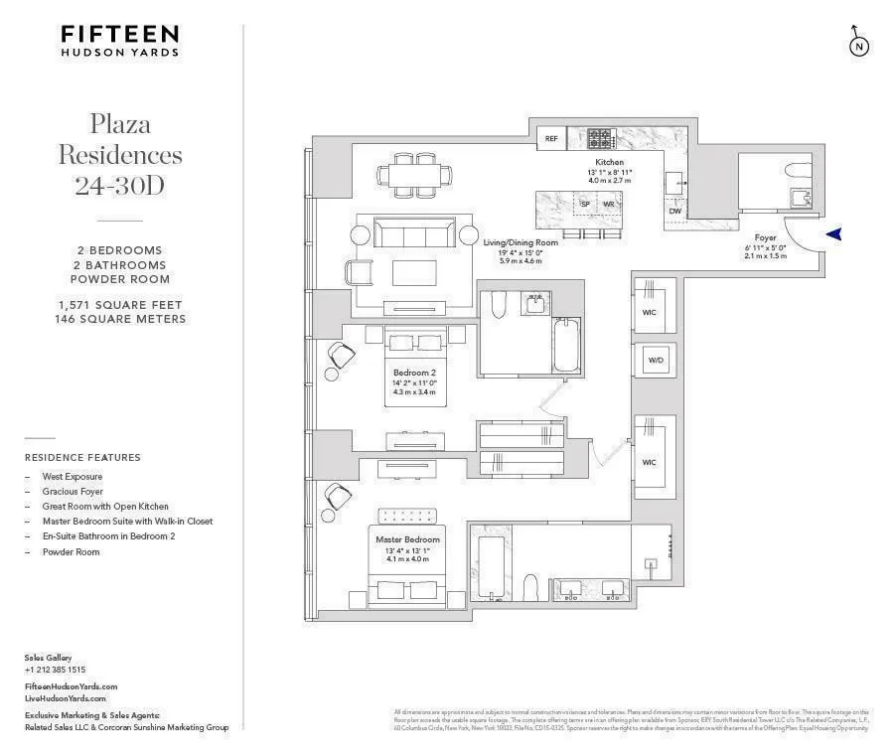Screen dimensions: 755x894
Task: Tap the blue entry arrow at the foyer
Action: coord(834,233)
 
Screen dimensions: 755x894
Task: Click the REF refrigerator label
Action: coord(551,140)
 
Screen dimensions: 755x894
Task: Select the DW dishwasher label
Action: coord(675,211)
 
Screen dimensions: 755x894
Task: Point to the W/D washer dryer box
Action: coord(656,360)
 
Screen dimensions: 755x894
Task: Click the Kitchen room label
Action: coord(609,161)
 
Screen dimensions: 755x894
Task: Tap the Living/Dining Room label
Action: coord(521,242)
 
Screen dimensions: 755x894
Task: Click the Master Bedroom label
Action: coord(407,539)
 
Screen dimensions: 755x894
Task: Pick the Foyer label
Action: coord(765,237)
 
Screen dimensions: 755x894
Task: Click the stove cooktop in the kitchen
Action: coord(601,139)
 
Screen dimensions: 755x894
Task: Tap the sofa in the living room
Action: coord(414,234)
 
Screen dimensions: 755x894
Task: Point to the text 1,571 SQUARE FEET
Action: coord(120,305)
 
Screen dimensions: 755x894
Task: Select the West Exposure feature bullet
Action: coord(72,477)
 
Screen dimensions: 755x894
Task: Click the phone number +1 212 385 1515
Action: coord(55,670)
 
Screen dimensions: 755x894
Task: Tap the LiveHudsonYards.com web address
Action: coord(66,698)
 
